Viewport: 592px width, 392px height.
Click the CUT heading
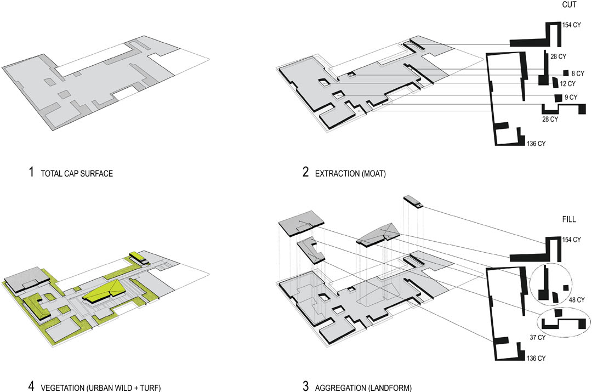(569, 5)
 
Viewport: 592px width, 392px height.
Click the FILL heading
(569, 219)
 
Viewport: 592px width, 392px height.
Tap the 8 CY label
(578, 73)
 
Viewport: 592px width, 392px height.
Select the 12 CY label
(568, 83)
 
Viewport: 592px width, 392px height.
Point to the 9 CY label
(571, 98)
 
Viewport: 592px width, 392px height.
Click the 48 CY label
(577, 300)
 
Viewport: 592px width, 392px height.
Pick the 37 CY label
(538, 337)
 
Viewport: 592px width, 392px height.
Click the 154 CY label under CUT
(572, 25)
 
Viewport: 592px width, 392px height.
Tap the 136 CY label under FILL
(536, 358)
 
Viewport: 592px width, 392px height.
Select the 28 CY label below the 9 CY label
(550, 120)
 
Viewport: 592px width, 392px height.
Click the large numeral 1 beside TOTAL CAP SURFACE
(31, 172)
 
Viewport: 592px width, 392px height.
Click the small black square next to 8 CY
(566, 73)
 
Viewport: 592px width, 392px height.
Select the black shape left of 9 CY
(558, 98)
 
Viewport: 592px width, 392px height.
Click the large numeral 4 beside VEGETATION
(31, 387)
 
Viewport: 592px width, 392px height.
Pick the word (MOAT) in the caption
(374, 174)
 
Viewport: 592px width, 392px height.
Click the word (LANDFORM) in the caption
(390, 388)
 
